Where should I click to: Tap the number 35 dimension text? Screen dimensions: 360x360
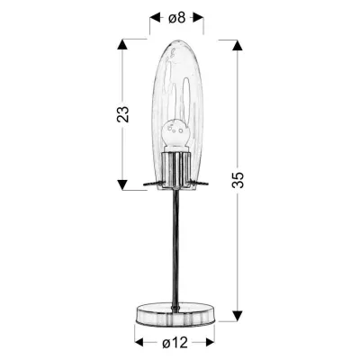click(x=238, y=181)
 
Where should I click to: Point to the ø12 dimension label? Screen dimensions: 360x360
click(x=176, y=343)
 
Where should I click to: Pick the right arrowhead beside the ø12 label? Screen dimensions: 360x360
click(x=213, y=342)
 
